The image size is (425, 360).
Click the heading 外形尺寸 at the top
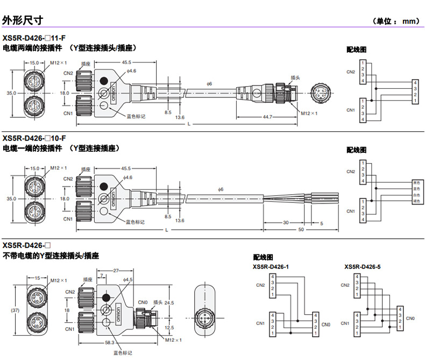23,20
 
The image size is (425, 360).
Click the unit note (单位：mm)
395,21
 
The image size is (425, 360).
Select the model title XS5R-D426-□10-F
35,138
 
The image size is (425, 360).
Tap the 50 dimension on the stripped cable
301,229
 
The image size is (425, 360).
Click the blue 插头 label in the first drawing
295,77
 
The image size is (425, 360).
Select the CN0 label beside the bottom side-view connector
143,302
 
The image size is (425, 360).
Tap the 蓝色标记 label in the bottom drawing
122,353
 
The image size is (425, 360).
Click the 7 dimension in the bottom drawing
103,276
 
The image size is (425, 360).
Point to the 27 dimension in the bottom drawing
116,270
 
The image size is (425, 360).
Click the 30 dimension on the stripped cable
285,222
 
